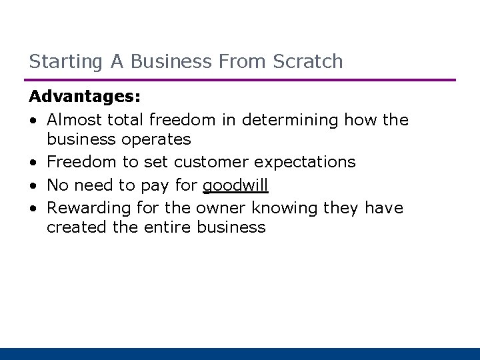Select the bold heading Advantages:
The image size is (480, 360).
coord(85,97)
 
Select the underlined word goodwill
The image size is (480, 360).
coord(235,185)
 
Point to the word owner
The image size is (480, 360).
coord(220,208)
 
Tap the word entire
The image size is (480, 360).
coord(169,227)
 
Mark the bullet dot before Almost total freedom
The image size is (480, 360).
coord(33,120)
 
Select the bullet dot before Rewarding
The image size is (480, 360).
coord(33,209)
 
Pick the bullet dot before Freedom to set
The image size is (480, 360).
coord(33,163)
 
